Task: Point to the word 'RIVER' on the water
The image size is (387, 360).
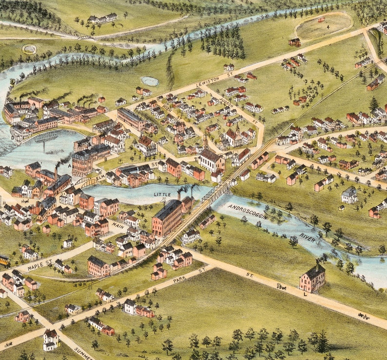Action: [307, 237]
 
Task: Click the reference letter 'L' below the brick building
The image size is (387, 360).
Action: [306, 294]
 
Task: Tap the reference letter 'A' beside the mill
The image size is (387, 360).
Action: [69, 165]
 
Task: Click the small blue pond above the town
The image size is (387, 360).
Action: [149, 81]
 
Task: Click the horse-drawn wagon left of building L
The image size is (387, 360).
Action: [282, 286]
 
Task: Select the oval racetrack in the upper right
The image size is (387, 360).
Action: [323, 26]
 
